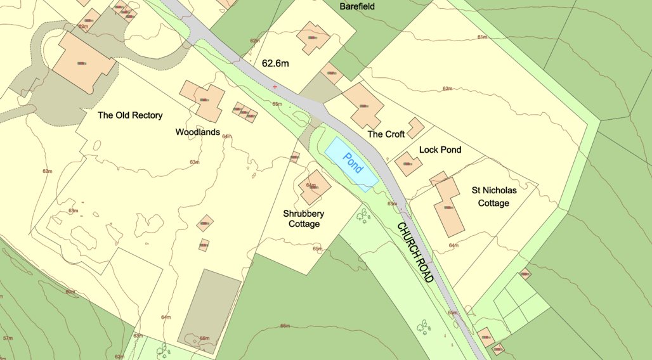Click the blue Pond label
click(x=353, y=163)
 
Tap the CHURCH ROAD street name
click(x=415, y=252)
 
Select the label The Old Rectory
click(x=130, y=115)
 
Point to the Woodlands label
click(x=197, y=132)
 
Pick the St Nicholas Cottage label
click(x=494, y=196)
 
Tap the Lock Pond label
click(x=440, y=150)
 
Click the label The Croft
click(x=386, y=134)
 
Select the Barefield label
click(x=357, y=6)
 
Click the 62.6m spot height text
click(x=275, y=63)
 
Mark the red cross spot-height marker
click(x=275, y=86)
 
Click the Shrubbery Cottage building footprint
click(x=314, y=187)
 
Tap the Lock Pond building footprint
click(x=408, y=164)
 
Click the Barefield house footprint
click(x=313, y=38)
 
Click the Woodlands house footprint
click(x=203, y=101)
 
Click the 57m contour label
click(x=8, y=339)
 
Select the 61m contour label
click(x=482, y=37)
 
